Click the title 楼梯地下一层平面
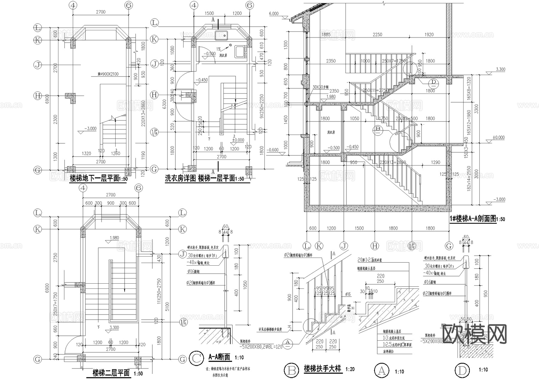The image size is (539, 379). pos(94,178)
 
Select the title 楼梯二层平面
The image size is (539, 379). pos(111,373)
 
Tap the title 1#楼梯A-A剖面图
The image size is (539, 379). pos(473,219)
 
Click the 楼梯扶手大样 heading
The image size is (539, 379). pos(322,369)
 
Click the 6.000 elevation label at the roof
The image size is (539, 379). pos(274,13)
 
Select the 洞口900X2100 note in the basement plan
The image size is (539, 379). pos(108,74)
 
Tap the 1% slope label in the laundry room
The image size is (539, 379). pos(219,49)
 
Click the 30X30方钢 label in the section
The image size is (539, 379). pos(320,87)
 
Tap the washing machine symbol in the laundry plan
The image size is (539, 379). pos(240,52)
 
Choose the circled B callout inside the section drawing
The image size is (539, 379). pos(378,129)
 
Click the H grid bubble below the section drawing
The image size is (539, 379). pos(374,246)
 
